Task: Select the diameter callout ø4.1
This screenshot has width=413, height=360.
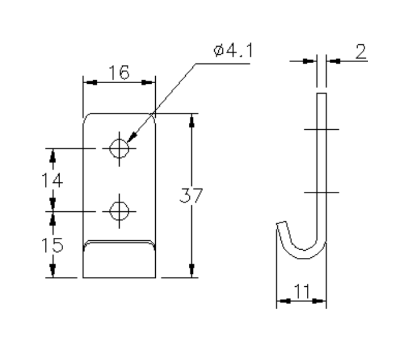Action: [234, 52]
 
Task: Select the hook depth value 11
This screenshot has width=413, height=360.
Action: [302, 291]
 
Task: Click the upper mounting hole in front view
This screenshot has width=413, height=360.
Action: [120, 148]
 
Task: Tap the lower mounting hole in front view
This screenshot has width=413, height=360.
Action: [120, 210]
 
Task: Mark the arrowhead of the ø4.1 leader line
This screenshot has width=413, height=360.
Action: [132, 139]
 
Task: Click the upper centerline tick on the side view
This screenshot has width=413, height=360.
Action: [322, 129]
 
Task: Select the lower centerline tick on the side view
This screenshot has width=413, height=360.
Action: [322, 192]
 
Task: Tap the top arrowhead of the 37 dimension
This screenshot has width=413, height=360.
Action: [191, 120]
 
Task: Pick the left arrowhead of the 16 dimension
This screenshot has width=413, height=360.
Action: [88, 82]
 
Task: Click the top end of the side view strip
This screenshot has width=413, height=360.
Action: [322, 93]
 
